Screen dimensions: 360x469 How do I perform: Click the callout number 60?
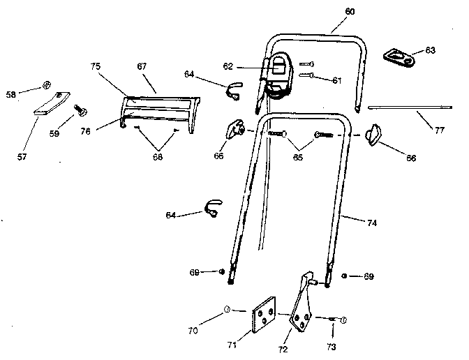click(x=350, y=12)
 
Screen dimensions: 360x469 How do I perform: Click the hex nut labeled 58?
click(x=46, y=85)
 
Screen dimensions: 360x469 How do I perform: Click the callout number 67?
click(x=142, y=66)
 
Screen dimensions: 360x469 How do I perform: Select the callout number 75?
click(x=96, y=66)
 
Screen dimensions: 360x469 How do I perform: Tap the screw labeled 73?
click(x=338, y=320)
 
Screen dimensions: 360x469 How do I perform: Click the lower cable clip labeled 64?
click(x=212, y=207)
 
